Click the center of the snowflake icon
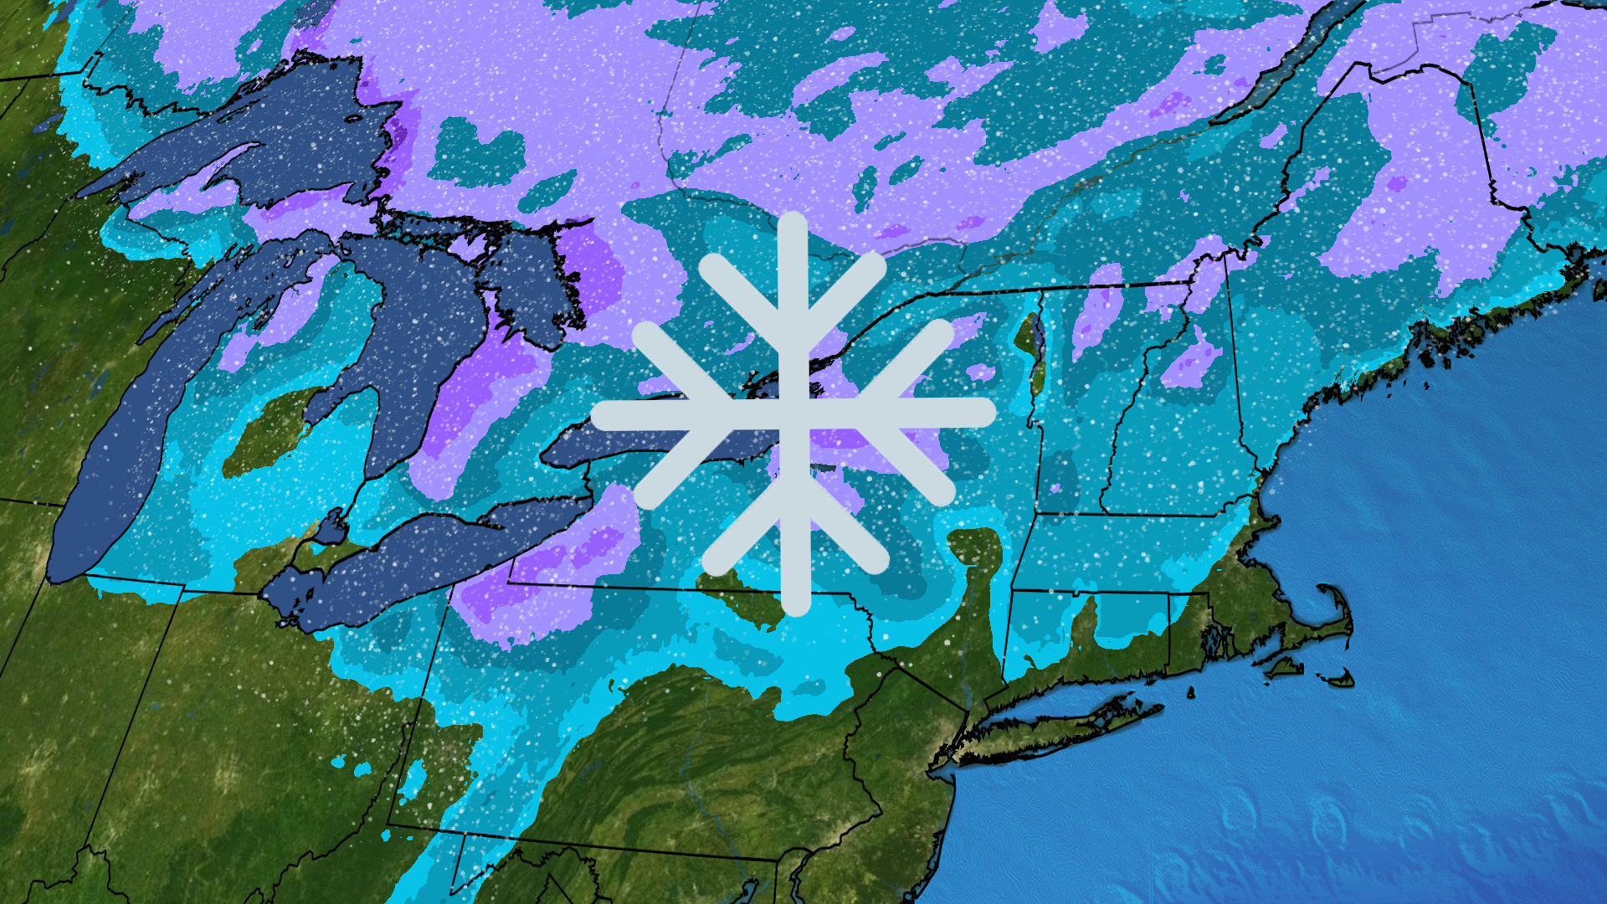point(793,413)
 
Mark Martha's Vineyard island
point(1285,667)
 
